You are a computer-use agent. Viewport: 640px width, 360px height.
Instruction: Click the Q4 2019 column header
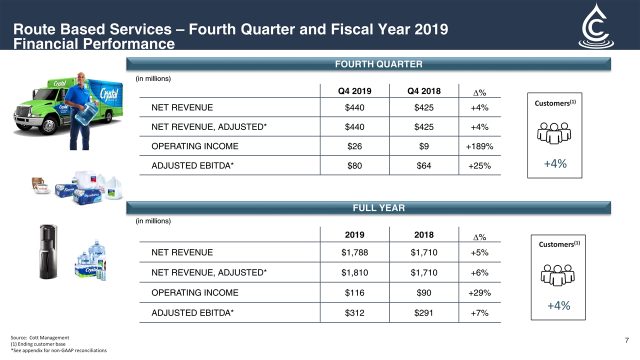pyautogui.click(x=354, y=91)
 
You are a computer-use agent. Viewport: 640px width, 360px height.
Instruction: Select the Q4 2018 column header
pyautogui.click(x=424, y=91)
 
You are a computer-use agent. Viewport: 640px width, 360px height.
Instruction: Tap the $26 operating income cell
pyautogui.click(x=354, y=146)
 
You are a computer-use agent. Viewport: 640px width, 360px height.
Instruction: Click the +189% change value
pyautogui.click(x=479, y=146)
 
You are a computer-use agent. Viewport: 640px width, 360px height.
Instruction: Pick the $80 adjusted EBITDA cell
pyautogui.click(x=354, y=165)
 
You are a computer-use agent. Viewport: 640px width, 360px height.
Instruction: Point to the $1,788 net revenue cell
pyautogui.click(x=354, y=252)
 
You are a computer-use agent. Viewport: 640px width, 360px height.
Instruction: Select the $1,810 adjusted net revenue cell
pyautogui.click(x=354, y=272)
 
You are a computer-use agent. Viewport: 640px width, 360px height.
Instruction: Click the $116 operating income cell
pyautogui.click(x=354, y=293)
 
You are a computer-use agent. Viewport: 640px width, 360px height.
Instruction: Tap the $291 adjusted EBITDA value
pyautogui.click(x=424, y=313)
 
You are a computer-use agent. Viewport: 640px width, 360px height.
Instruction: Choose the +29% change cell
pyautogui.click(x=479, y=293)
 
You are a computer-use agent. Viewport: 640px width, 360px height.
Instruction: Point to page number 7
pyautogui.click(x=627, y=341)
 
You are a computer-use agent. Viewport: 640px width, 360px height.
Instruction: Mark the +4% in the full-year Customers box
pyautogui.click(x=558, y=305)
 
